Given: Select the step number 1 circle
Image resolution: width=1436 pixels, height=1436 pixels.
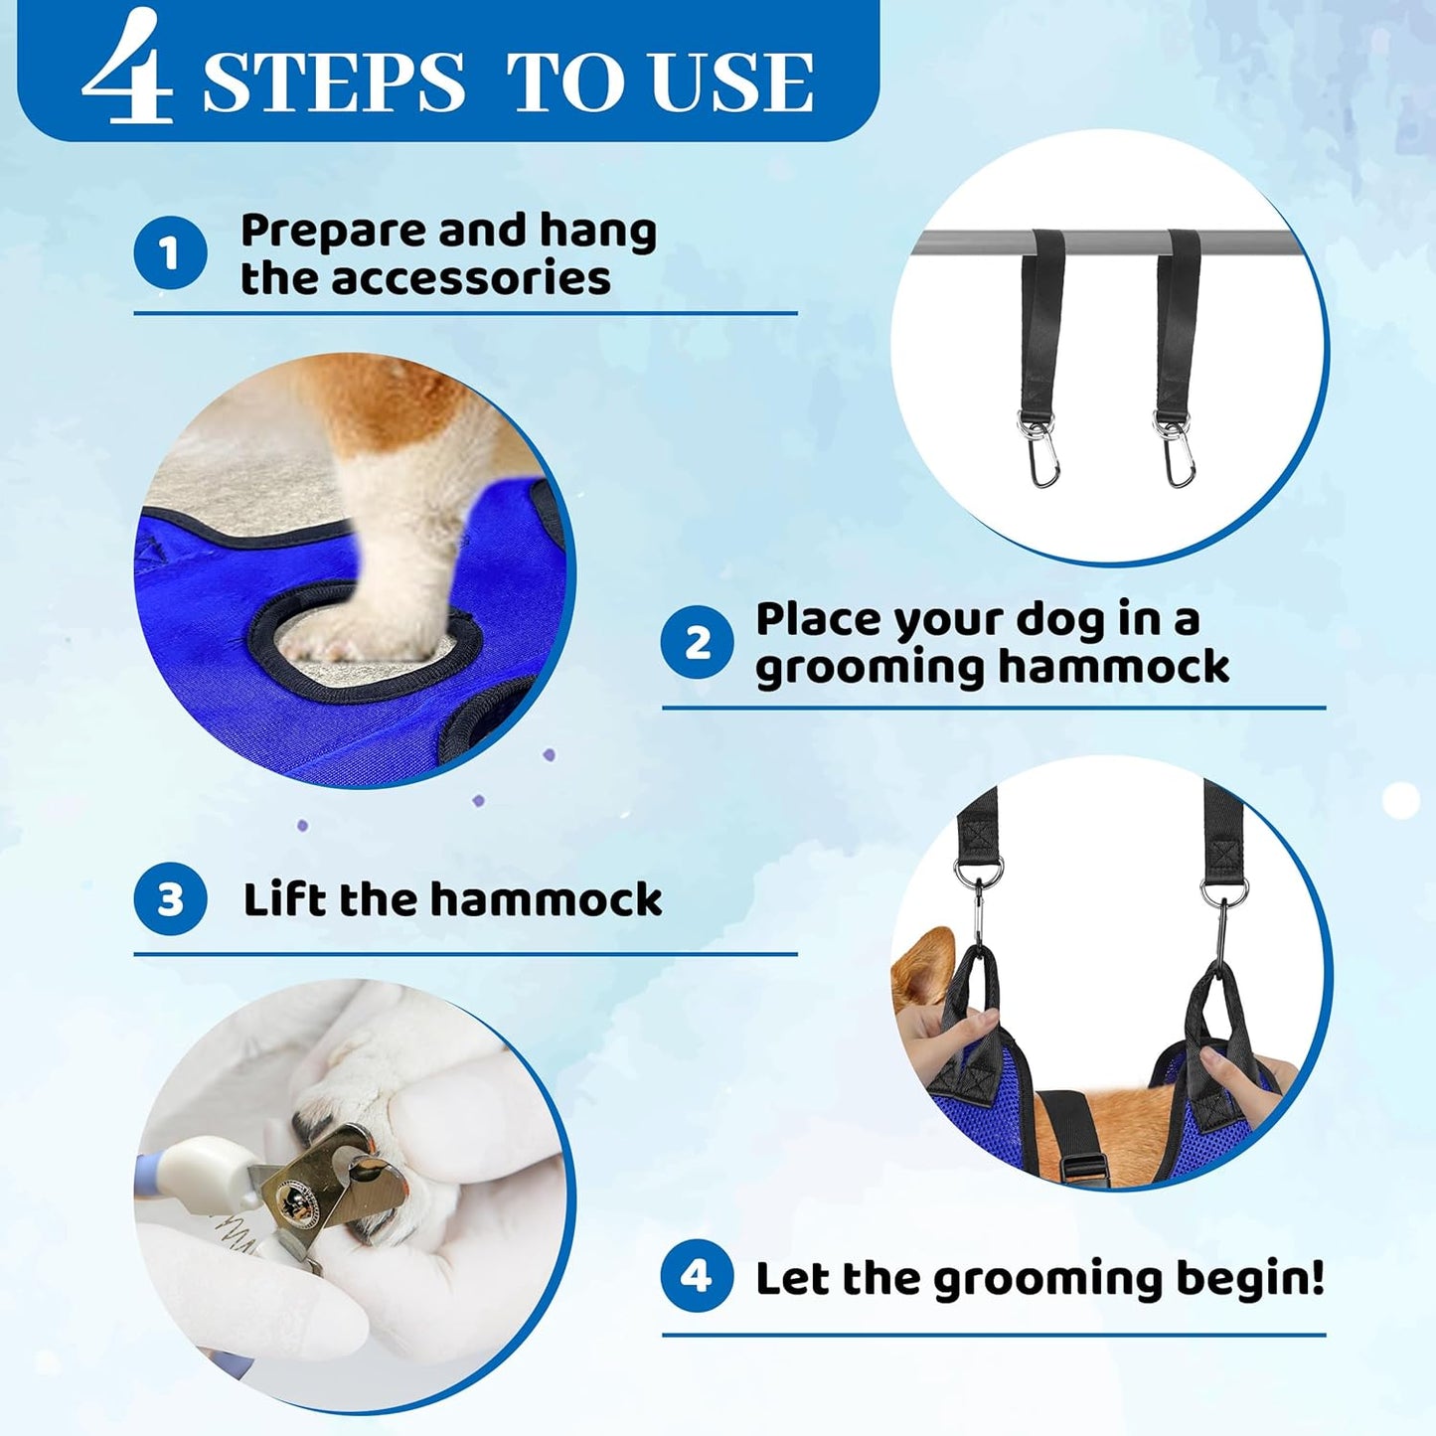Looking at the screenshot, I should coord(170,253).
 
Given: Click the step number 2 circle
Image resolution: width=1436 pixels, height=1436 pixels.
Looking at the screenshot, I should coord(698,643).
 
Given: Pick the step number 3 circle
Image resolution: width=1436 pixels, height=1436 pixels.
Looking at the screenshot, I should coord(170,899).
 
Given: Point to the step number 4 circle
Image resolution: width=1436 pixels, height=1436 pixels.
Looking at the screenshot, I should coord(698,1275).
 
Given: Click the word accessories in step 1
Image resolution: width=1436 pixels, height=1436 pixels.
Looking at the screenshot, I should coord(471,278).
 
